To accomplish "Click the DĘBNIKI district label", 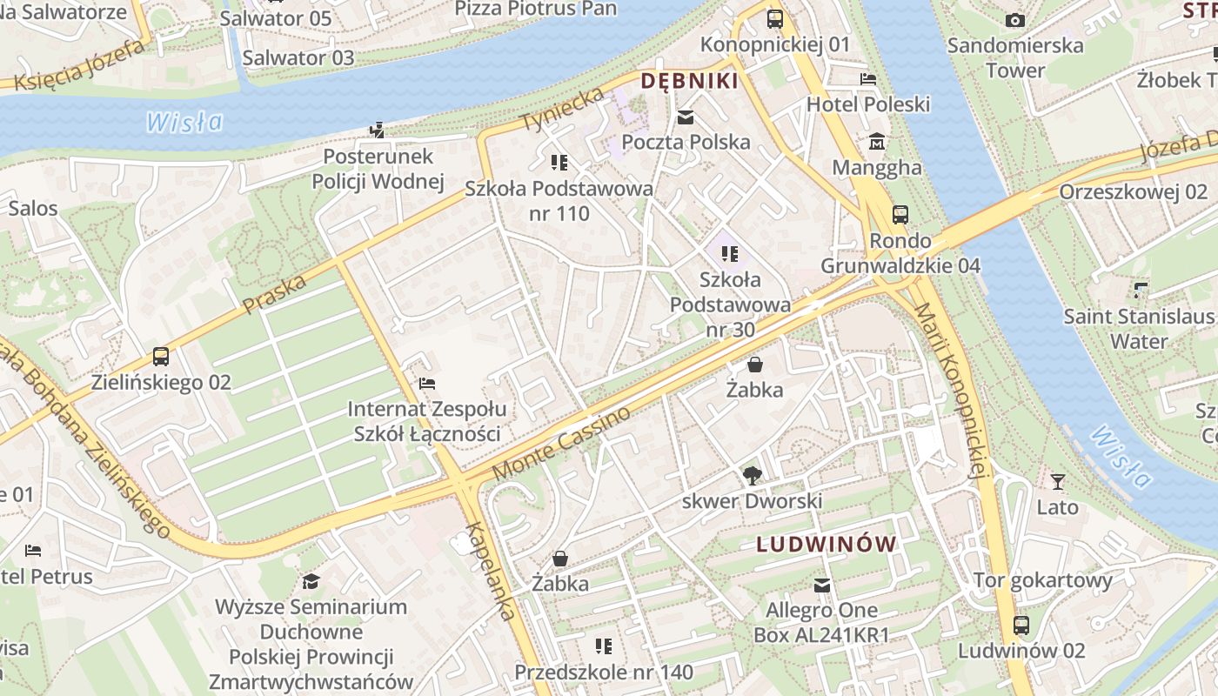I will pyautogui.click(x=689, y=82).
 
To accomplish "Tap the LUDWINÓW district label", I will pyautogui.click(x=826, y=545).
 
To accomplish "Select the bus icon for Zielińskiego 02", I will pyautogui.click(x=161, y=356).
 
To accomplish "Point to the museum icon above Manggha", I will pyautogui.click(x=876, y=142).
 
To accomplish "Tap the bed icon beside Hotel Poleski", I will pyautogui.click(x=867, y=79).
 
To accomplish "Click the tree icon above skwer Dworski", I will pyautogui.click(x=752, y=475).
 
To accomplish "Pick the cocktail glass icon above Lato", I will pyautogui.click(x=1057, y=481).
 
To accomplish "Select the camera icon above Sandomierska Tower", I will pyautogui.click(x=1014, y=20).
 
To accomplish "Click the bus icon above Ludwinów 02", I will pyautogui.click(x=1021, y=625).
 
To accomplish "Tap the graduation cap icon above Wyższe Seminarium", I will pyautogui.click(x=311, y=581).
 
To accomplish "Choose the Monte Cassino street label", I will pyautogui.click(x=561, y=443).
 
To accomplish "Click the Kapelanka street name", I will pyautogui.click(x=489, y=571).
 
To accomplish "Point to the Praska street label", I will pyautogui.click(x=275, y=294).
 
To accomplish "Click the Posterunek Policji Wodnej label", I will pyautogui.click(x=378, y=169).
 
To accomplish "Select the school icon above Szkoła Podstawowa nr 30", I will pyautogui.click(x=729, y=254).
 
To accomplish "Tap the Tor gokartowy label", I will pyautogui.click(x=1042, y=580).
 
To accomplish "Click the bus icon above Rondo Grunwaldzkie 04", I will pyautogui.click(x=900, y=214).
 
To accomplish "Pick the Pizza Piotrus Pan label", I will pyautogui.click(x=536, y=9).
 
